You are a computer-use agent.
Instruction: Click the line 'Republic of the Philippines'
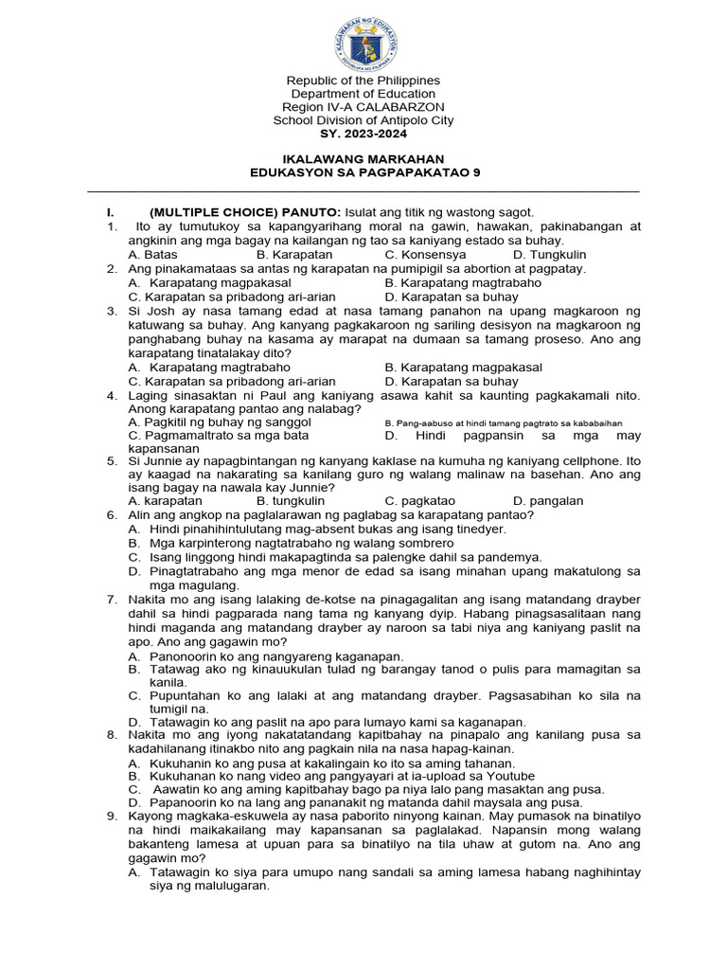pyautogui.click(x=363, y=81)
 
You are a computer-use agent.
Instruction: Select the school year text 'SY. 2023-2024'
pyautogui.click(x=363, y=134)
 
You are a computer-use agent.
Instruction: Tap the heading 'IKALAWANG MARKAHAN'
pyautogui.click(x=363, y=158)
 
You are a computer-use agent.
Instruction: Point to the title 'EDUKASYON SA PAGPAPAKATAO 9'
pyautogui.click(x=363, y=171)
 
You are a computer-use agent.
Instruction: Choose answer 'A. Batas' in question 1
pyautogui.click(x=152, y=255)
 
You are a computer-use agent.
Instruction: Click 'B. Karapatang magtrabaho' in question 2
pyautogui.click(x=463, y=282)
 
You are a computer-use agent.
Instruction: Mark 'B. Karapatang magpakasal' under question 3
pyautogui.click(x=464, y=367)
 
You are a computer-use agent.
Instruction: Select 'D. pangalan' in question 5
pyautogui.click(x=548, y=500)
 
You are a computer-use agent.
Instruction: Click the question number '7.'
pyautogui.click(x=111, y=600)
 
